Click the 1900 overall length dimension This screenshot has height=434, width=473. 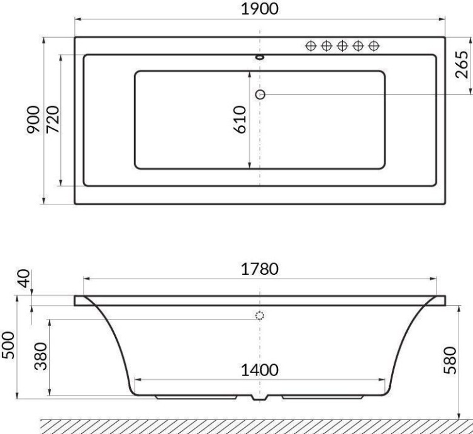pyautogui.click(x=260, y=11)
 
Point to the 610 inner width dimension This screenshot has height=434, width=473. pyautogui.click(x=239, y=120)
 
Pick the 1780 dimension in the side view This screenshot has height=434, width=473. pyautogui.click(x=260, y=269)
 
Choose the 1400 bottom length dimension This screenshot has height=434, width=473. pyautogui.click(x=260, y=370)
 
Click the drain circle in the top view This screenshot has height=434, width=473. pyautogui.click(x=260, y=94)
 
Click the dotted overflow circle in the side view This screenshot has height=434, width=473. pyautogui.click(x=260, y=316)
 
